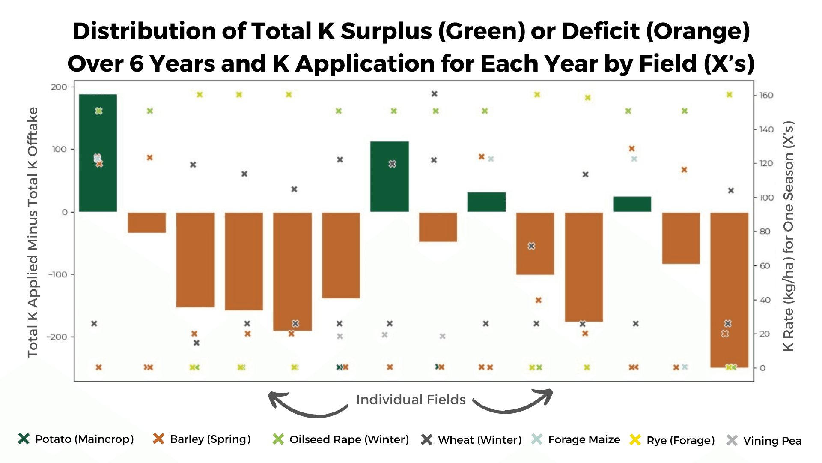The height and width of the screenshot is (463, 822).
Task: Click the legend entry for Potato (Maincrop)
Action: (x=76, y=439)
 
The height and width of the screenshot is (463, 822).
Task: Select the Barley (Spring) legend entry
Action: (x=202, y=439)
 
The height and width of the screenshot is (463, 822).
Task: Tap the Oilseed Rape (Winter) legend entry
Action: (x=341, y=439)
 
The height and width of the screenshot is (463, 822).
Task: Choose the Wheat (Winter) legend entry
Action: (x=471, y=440)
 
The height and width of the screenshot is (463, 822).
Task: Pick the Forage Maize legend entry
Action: (x=576, y=439)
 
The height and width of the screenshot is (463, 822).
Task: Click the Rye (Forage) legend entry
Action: (x=673, y=440)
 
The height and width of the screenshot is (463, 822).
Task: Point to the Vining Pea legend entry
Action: (x=764, y=441)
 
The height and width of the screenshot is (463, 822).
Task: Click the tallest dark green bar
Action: (x=98, y=153)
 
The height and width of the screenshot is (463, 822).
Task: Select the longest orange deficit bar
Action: (x=729, y=290)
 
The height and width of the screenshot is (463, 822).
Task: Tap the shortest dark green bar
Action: (x=632, y=204)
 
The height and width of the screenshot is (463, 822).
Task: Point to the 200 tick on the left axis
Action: (x=59, y=87)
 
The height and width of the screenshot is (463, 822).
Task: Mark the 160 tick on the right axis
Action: (x=766, y=95)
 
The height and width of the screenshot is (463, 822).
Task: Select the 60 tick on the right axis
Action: (x=765, y=266)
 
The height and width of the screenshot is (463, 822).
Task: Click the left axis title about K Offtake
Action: (x=33, y=232)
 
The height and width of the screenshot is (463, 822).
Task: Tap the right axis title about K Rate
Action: (x=788, y=236)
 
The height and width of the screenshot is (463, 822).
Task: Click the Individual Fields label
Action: (x=411, y=400)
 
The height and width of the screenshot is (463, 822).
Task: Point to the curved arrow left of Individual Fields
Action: (x=307, y=405)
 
